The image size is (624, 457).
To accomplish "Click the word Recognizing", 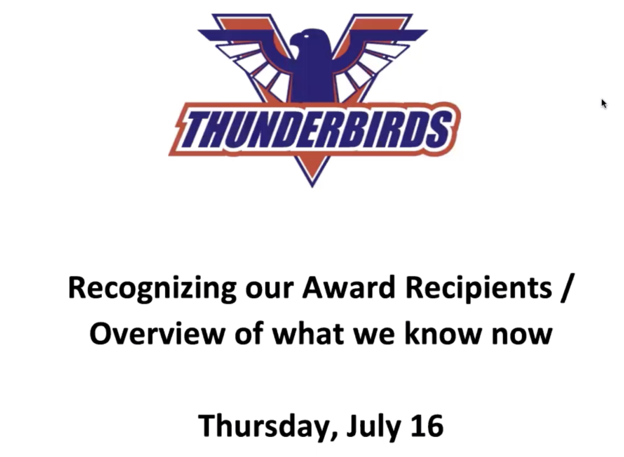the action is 152,289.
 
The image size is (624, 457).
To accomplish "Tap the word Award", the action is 349,288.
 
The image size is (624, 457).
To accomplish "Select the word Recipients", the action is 478,289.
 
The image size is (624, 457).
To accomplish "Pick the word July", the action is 374,427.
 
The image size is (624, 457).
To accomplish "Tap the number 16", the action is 427,425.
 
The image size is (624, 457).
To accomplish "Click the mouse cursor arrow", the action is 604,104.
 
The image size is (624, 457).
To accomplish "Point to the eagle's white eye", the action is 306,37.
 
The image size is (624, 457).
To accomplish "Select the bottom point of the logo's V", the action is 313,186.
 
